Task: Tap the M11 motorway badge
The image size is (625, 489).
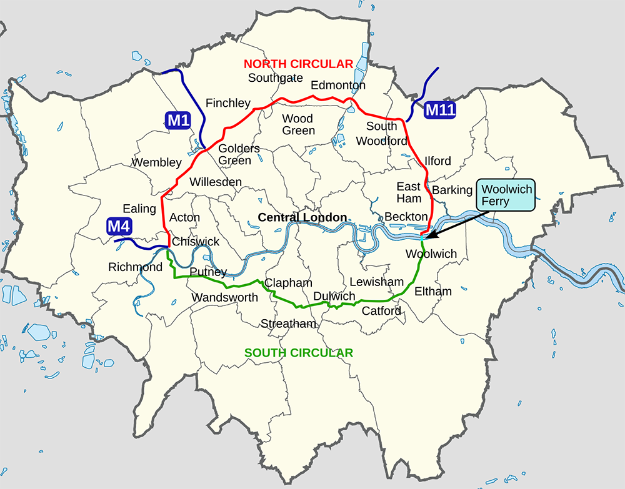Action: pyautogui.click(x=440, y=111)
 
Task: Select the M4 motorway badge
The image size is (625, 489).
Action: pyautogui.click(x=119, y=226)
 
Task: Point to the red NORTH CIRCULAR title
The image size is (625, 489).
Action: pyautogui.click(x=298, y=64)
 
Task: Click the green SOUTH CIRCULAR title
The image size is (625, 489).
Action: pyautogui.click(x=298, y=353)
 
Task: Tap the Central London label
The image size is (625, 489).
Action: pyautogui.click(x=302, y=217)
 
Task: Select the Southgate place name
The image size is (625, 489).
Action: pyautogui.click(x=276, y=78)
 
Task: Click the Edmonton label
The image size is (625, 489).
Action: pyautogui.click(x=338, y=85)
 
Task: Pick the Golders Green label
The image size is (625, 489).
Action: pyautogui.click(x=239, y=154)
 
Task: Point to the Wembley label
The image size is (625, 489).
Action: pyautogui.click(x=156, y=162)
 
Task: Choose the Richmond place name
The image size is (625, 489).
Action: pyautogui.click(x=136, y=267)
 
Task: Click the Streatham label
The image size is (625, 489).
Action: pyautogui.click(x=289, y=324)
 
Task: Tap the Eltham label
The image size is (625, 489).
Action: pyautogui.click(x=432, y=291)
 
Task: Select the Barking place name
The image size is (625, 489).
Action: pyautogui.click(x=452, y=190)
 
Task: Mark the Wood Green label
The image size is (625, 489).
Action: pyautogui.click(x=299, y=124)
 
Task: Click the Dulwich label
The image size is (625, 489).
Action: pyautogui.click(x=334, y=296)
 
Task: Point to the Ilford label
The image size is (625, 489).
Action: pyautogui.click(x=437, y=161)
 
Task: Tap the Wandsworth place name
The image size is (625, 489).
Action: pyautogui.click(x=224, y=297)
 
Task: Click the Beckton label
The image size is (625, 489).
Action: pyautogui.click(x=406, y=216)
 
